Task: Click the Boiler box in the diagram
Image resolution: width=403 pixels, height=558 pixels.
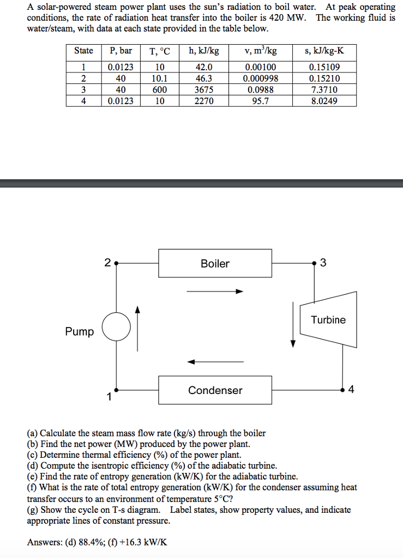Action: point(215,264)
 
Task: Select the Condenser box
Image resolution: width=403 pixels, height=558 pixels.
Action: point(215,390)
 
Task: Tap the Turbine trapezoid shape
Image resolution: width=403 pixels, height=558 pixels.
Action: point(328,320)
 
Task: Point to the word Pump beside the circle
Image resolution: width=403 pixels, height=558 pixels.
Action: point(79,331)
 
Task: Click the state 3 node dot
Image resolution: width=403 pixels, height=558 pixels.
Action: point(315,264)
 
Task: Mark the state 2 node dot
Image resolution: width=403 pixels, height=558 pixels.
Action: point(116,264)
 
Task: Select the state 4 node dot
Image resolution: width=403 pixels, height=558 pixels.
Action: point(342,390)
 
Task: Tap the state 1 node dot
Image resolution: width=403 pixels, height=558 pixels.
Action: point(116,390)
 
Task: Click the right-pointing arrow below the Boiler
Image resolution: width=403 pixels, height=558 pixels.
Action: point(214,292)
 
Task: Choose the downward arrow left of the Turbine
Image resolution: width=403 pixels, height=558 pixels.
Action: point(293,324)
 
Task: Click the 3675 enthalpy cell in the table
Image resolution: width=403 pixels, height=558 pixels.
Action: point(204,89)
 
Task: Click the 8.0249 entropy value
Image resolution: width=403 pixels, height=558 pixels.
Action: point(323,101)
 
